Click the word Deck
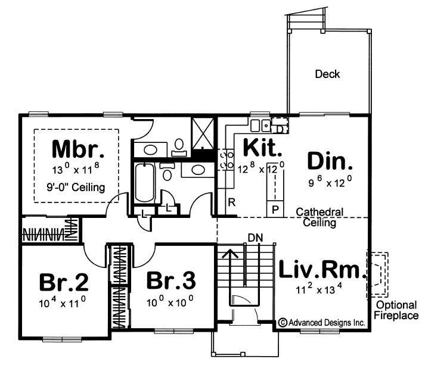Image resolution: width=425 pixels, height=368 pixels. point(327,74)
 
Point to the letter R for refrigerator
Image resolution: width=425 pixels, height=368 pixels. point(231,202)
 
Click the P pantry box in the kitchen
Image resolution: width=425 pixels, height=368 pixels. point(275,209)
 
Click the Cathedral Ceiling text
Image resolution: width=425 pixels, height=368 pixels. point(319,217)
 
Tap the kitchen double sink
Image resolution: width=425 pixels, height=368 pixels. point(259,124)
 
